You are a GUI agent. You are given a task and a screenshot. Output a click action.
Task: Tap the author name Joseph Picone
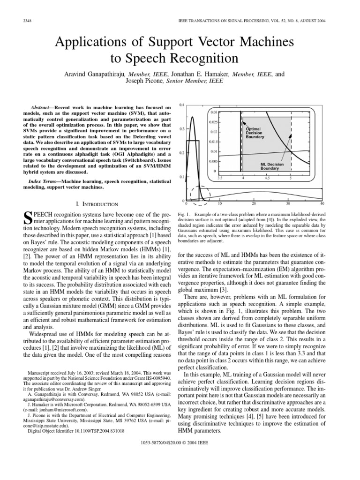(x=143, y=81)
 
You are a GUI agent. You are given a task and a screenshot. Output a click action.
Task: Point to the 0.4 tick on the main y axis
(x=182, y=104)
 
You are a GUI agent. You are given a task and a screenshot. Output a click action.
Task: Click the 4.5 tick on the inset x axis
(x=267, y=178)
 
